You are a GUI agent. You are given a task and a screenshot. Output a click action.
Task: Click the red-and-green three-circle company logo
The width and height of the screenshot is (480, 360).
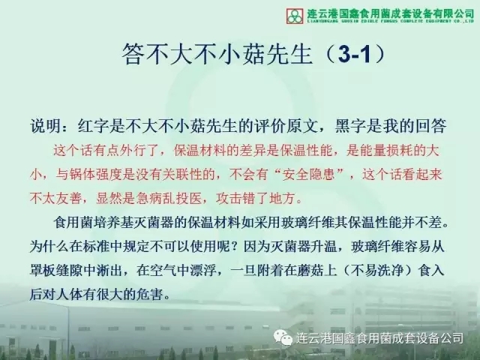[295, 16]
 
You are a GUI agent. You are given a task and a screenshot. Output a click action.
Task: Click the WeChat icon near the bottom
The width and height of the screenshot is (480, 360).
[283, 337]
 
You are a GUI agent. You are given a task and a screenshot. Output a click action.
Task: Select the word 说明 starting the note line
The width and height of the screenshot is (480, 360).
[45, 126]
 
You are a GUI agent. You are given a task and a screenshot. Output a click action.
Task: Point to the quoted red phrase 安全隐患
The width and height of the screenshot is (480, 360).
[308, 175]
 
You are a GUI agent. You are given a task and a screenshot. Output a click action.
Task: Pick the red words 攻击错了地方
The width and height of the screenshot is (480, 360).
[256, 198]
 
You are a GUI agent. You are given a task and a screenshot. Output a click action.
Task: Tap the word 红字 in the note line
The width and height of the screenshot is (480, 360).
[93, 126]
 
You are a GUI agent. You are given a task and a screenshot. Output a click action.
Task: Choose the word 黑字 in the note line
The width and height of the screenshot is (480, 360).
[350, 126]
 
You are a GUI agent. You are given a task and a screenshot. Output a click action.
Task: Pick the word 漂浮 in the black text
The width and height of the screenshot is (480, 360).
[202, 270]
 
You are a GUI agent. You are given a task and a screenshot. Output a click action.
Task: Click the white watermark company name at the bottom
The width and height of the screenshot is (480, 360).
[379, 338]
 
